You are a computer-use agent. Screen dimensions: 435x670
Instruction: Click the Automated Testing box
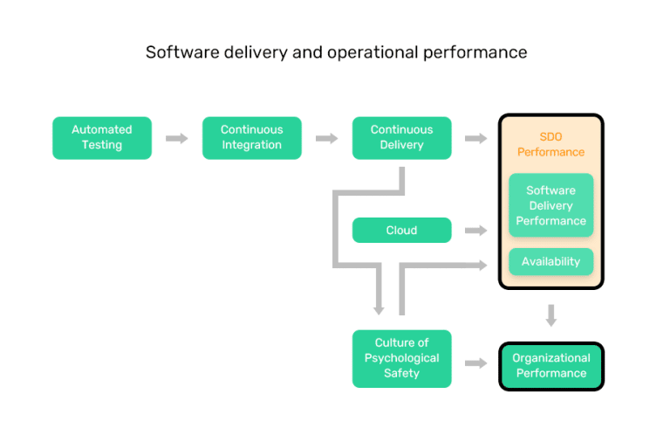click(102, 138)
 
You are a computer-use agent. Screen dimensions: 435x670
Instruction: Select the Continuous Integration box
click(252, 138)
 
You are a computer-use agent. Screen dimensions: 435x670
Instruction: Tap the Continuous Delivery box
click(402, 138)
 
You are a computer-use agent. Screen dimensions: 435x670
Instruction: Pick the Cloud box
click(402, 231)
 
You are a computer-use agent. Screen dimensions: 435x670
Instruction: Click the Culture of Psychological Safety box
click(402, 358)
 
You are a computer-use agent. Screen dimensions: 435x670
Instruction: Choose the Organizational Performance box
click(550, 366)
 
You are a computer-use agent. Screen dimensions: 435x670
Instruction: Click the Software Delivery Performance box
click(550, 205)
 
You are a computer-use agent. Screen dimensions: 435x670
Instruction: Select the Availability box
click(550, 262)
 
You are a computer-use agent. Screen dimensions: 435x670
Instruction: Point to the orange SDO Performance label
click(550, 144)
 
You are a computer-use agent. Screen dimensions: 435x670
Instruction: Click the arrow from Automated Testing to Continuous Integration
click(177, 138)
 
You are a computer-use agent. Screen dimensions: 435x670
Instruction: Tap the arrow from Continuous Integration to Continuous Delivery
click(327, 138)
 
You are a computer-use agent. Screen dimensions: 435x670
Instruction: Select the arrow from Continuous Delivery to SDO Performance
click(476, 138)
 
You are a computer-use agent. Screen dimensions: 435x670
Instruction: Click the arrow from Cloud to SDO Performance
click(476, 231)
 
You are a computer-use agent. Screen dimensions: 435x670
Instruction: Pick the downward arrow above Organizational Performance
click(550, 314)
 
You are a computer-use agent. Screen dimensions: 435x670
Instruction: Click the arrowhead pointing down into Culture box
click(379, 307)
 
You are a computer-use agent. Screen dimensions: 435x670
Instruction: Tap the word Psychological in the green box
click(402, 358)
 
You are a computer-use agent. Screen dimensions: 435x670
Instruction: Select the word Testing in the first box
click(102, 145)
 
